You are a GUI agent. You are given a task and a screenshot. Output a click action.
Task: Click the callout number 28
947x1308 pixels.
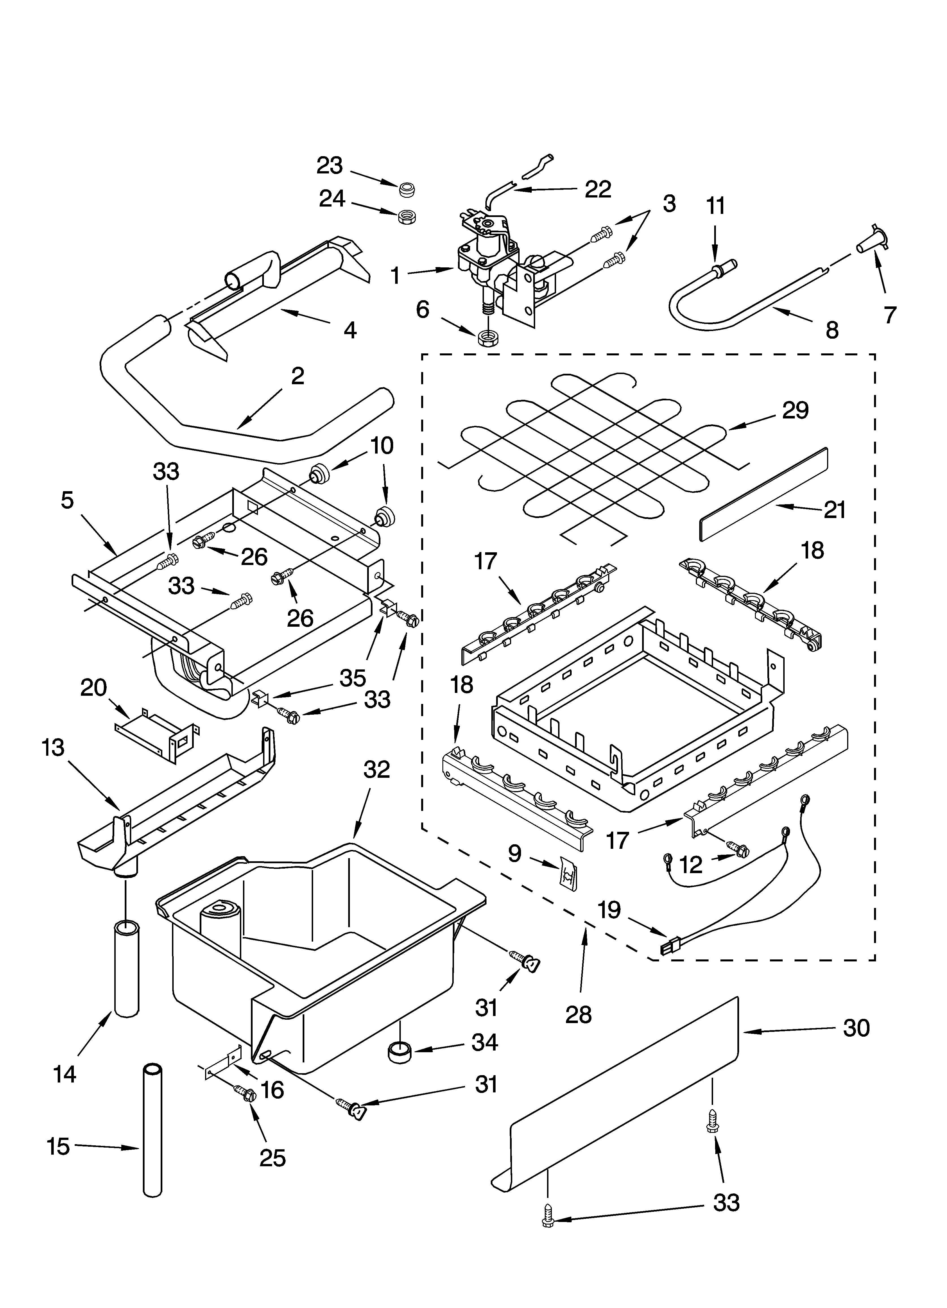pyautogui.click(x=578, y=1014)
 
